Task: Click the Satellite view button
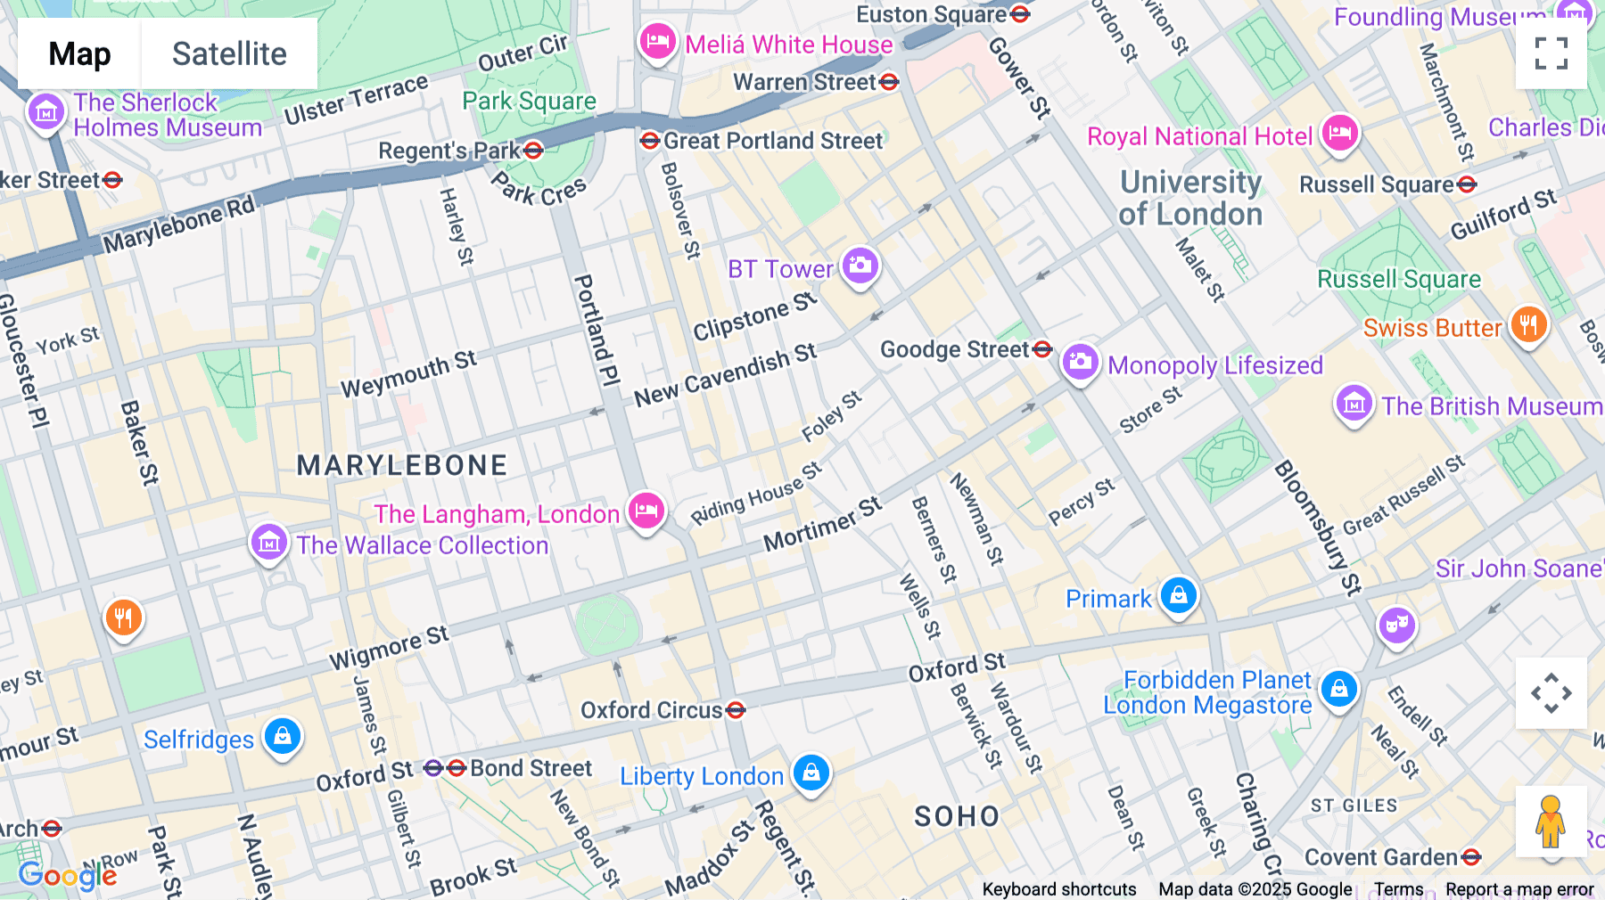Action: (229, 53)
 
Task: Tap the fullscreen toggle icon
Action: (1551, 53)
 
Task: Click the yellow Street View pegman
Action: (1551, 821)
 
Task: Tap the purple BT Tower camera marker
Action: (860, 266)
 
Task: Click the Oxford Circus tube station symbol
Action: (736, 710)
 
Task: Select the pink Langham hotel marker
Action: (646, 511)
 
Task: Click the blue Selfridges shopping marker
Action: (283, 737)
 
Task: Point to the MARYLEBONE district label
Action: (401, 465)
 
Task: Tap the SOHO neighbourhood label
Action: (957, 816)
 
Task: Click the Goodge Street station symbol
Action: (1042, 349)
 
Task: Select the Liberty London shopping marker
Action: (811, 773)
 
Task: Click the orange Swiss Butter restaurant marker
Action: (1528, 325)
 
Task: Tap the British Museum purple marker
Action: (1354, 404)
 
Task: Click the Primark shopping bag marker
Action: (1178, 595)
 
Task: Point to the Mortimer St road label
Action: (822, 525)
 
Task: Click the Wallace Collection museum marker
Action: (268, 542)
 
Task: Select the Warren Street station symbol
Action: (889, 82)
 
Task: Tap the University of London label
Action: (1190, 198)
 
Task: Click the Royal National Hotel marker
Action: (1339, 134)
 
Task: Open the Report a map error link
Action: (1519, 889)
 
